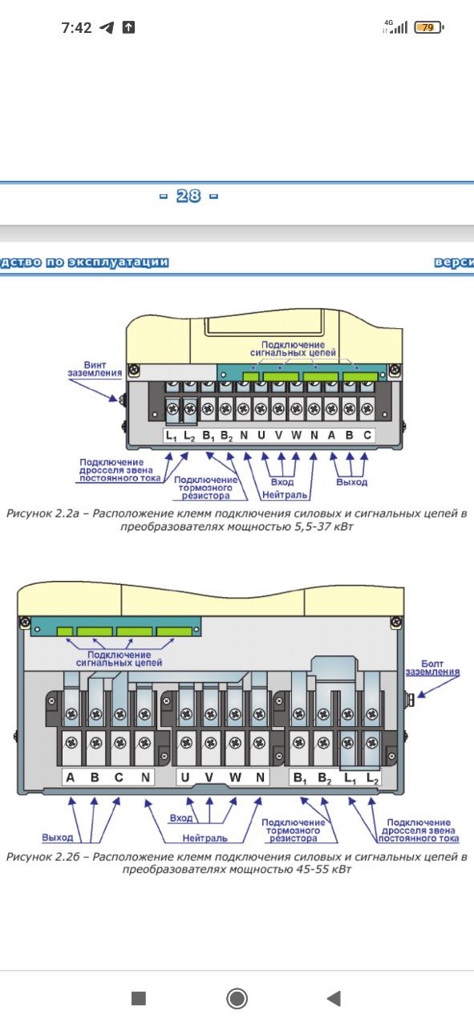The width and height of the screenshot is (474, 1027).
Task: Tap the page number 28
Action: (x=188, y=197)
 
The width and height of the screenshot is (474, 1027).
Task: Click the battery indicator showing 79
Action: (x=428, y=27)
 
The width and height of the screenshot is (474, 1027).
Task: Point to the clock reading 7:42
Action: (x=76, y=28)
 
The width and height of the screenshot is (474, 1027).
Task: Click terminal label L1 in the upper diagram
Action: (x=171, y=436)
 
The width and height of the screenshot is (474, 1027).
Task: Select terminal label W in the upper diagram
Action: (x=296, y=435)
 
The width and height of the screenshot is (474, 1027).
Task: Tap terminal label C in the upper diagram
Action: (x=367, y=435)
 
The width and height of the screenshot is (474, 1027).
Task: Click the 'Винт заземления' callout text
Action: (x=95, y=369)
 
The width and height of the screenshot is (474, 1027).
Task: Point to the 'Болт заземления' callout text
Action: (x=432, y=668)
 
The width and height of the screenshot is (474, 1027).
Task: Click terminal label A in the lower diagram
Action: (x=70, y=777)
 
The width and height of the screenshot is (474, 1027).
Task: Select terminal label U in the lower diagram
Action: (x=185, y=777)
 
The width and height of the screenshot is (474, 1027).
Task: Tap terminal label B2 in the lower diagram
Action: (x=325, y=778)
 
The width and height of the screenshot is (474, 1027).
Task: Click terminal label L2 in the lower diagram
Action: (x=373, y=778)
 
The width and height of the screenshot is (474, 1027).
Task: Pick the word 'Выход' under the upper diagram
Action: (x=351, y=482)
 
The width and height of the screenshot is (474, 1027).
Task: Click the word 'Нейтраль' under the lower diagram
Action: (x=205, y=838)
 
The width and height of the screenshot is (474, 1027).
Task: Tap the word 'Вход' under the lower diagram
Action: (x=181, y=818)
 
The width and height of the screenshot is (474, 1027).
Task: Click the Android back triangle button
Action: (x=334, y=998)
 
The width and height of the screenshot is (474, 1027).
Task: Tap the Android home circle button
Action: (x=237, y=998)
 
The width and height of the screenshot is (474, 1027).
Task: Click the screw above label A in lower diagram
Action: (x=71, y=743)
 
